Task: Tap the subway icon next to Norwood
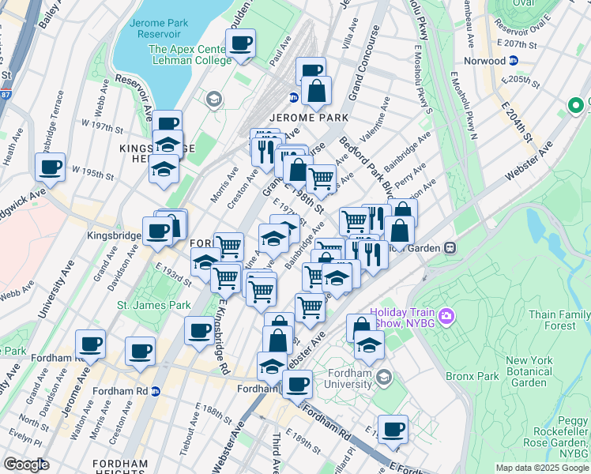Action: [x=514, y=61]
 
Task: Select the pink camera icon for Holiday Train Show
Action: [x=448, y=317]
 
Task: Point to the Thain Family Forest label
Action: [x=558, y=319]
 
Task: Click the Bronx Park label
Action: [x=472, y=377]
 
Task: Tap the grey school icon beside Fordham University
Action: [x=384, y=375]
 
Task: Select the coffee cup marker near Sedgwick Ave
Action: [x=51, y=167]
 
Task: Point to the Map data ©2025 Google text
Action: [x=540, y=468]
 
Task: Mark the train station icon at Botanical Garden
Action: [x=450, y=246]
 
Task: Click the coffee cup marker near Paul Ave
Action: [x=240, y=43]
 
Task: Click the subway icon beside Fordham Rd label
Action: [x=156, y=390]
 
